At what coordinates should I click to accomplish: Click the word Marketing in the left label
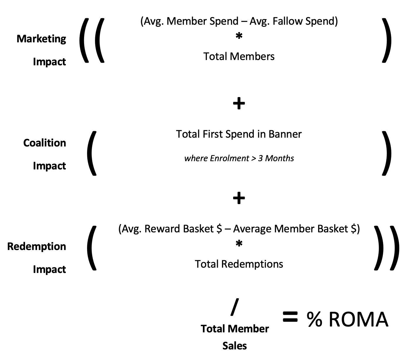click(x=41, y=39)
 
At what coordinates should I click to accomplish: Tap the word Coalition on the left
click(x=44, y=143)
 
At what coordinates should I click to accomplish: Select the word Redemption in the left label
click(x=36, y=246)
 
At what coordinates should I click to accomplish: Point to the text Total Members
click(x=239, y=56)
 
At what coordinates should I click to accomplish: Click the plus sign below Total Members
click(x=239, y=104)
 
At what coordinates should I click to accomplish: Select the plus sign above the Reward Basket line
click(x=239, y=198)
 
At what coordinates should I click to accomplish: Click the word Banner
click(x=285, y=134)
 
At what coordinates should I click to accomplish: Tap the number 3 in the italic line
click(x=260, y=159)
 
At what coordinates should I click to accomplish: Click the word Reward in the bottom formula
click(x=162, y=229)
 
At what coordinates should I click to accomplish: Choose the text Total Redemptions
click(x=239, y=264)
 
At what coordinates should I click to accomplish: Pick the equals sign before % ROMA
click(x=290, y=318)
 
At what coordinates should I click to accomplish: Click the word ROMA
click(x=358, y=319)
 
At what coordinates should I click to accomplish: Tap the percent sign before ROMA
click(x=314, y=319)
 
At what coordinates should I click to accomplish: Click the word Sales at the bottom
click(x=234, y=346)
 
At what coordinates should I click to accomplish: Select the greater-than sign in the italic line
click(x=254, y=159)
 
